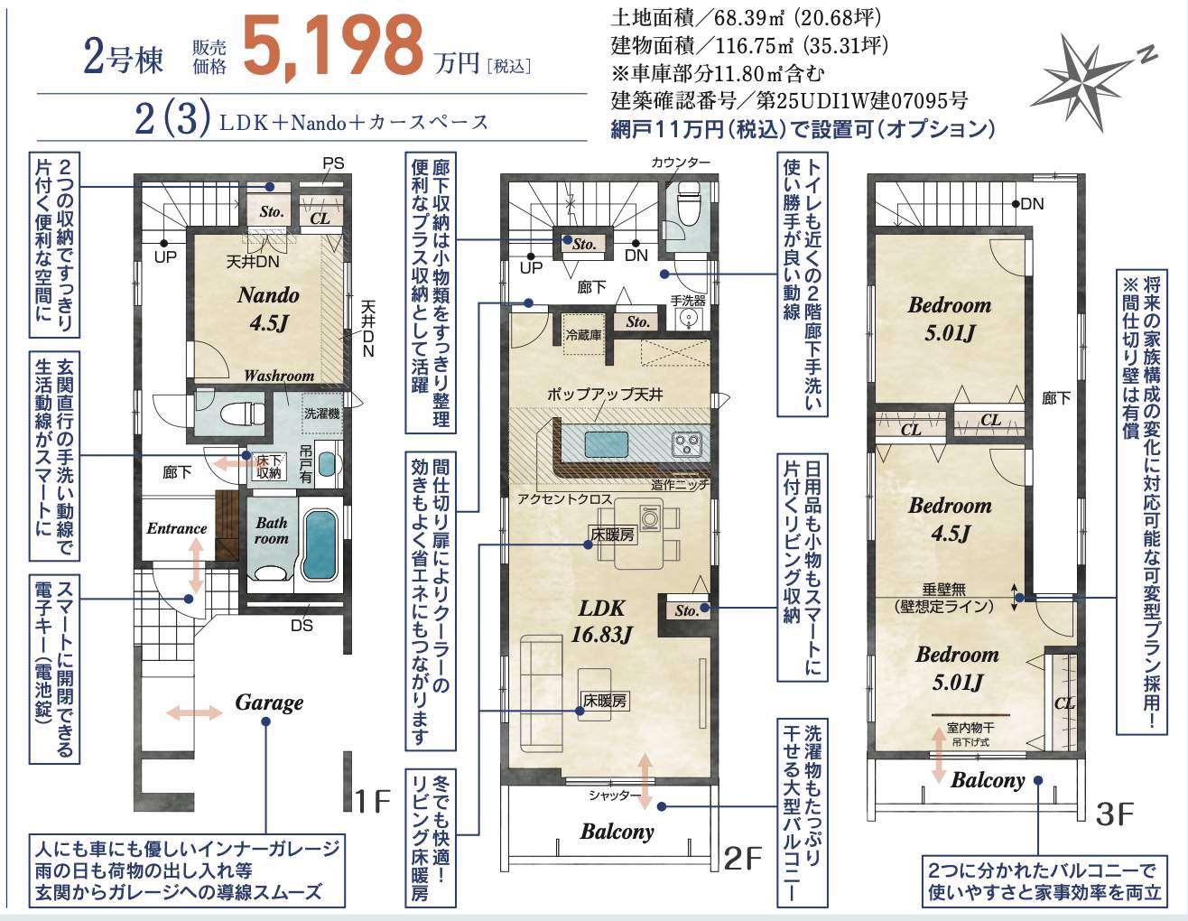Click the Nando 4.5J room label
(x=268, y=308)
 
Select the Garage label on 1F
(x=269, y=702)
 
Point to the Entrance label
(x=177, y=528)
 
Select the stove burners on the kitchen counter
(x=686, y=444)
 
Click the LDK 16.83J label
(x=601, y=621)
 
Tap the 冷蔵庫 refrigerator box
(x=583, y=335)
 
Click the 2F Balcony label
(x=617, y=832)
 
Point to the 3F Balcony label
(x=988, y=780)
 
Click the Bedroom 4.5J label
(x=950, y=519)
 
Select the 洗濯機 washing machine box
(x=322, y=414)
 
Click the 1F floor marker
(x=371, y=801)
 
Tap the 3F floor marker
(x=1114, y=814)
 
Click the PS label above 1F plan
(x=333, y=163)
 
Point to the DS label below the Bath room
(x=302, y=625)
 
